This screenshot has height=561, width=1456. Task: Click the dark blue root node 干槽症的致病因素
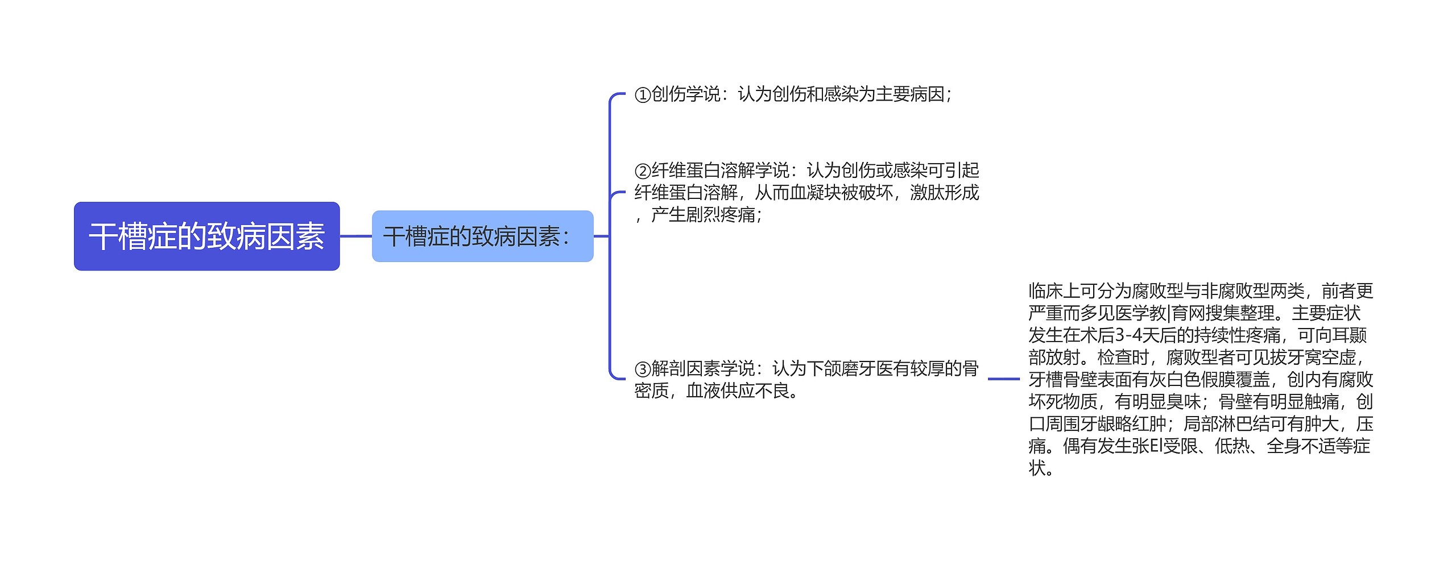coord(206,236)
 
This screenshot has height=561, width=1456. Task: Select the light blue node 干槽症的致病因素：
coord(482,236)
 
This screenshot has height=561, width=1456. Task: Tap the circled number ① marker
coord(642,94)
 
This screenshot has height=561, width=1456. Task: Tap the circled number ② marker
coord(642,171)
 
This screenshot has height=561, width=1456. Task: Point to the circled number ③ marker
coord(642,369)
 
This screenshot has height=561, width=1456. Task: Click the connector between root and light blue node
coord(355,236)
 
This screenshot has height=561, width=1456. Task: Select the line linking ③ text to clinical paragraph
coord(1003,379)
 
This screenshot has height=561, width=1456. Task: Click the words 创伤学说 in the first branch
coord(685,94)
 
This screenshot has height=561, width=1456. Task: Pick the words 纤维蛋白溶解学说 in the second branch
coord(719,170)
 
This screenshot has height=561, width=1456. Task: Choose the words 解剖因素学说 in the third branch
coord(702,368)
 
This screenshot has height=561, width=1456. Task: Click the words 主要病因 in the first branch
coord(909,94)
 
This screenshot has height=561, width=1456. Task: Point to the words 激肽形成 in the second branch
coord(944,193)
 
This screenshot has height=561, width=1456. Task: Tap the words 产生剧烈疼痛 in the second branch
coord(702,215)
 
